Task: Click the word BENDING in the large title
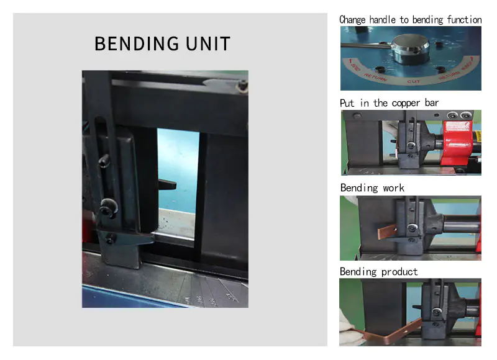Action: [x=137, y=43]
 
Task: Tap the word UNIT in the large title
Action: [x=207, y=43]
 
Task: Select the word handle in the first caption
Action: [x=382, y=20]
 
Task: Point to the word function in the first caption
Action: [x=464, y=20]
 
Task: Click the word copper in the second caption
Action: [x=406, y=104]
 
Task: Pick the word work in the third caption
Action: [x=393, y=188]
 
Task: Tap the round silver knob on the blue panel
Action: [x=411, y=48]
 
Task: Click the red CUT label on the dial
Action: [x=413, y=81]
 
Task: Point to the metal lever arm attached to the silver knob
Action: [x=365, y=46]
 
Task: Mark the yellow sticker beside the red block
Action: [x=478, y=137]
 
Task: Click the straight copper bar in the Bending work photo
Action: [x=387, y=232]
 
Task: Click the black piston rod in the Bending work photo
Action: [x=461, y=223]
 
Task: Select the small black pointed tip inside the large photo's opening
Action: [x=167, y=184]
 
